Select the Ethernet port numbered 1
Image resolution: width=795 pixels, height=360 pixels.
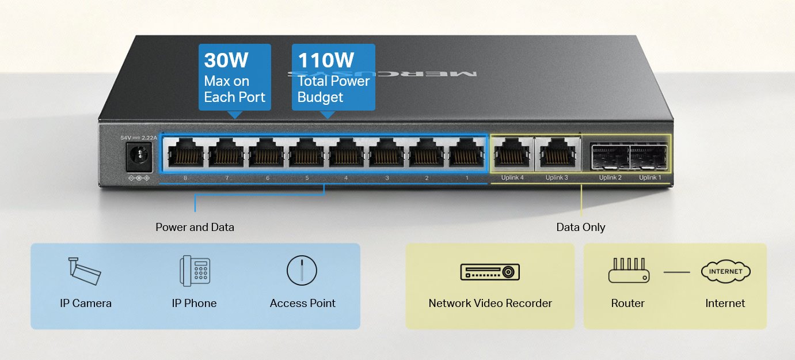coord(466,154)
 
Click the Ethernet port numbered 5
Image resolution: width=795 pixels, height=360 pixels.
coord(306,154)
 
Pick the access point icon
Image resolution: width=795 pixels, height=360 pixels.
coord(302,270)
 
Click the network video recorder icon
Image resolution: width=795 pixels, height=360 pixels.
coord(490,271)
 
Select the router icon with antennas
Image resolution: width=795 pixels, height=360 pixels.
coord(628,271)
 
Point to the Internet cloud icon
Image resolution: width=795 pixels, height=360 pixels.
coord(725,271)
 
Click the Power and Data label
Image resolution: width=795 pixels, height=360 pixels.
coord(195,227)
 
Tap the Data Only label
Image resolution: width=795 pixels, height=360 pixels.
coord(580,227)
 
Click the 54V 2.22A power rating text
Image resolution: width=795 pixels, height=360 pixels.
coord(138,138)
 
